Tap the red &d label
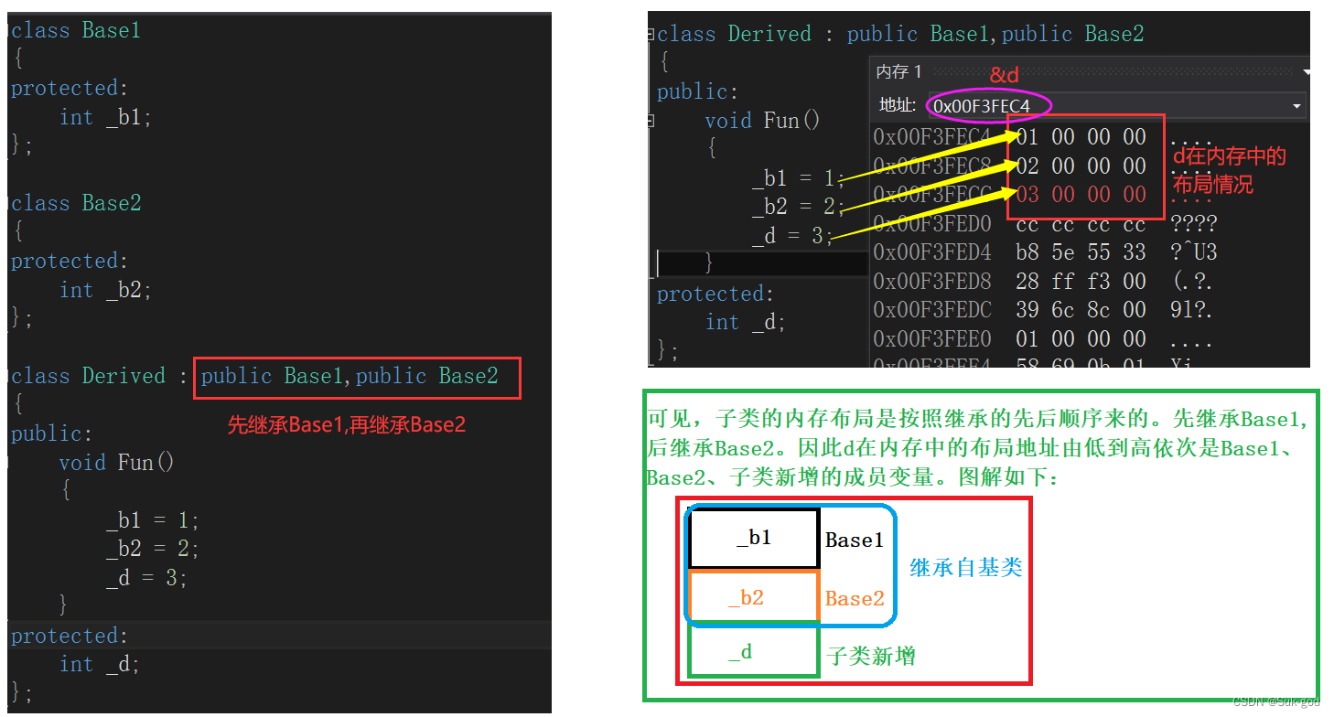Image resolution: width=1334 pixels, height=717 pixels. pyautogui.click(x=1004, y=75)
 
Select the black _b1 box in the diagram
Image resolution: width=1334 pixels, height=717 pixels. pyautogui.click(x=754, y=539)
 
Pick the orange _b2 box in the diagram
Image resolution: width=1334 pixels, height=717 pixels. pyautogui.click(x=752, y=598)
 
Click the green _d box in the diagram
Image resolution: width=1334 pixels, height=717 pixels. pyautogui.click(x=752, y=652)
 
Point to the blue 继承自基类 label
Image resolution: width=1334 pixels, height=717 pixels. pyautogui.click(x=965, y=568)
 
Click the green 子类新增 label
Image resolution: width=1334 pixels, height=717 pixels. pyautogui.click(x=871, y=656)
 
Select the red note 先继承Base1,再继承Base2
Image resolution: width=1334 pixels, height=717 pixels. pyautogui.click(x=347, y=425)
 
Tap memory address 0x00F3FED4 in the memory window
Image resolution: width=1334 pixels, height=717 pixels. pyautogui.click(x=932, y=251)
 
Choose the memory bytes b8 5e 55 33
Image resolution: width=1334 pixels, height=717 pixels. pyautogui.click(x=1081, y=251)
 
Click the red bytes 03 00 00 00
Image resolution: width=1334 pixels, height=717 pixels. pyautogui.click(x=1081, y=195)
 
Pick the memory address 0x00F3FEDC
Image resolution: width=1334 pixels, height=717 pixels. pyautogui.click(x=932, y=310)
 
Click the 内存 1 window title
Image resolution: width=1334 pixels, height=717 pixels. pyautogui.click(x=899, y=72)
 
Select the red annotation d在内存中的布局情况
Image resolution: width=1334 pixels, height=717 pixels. pyautogui.click(x=1230, y=170)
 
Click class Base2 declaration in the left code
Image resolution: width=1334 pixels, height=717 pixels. pyautogui.click(x=76, y=203)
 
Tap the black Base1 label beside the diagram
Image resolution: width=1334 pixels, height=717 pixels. pyautogui.click(x=855, y=540)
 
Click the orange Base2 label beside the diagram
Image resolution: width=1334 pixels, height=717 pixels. pyautogui.click(x=855, y=599)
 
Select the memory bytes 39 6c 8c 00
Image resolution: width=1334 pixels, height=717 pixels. pyautogui.click(x=1081, y=310)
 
